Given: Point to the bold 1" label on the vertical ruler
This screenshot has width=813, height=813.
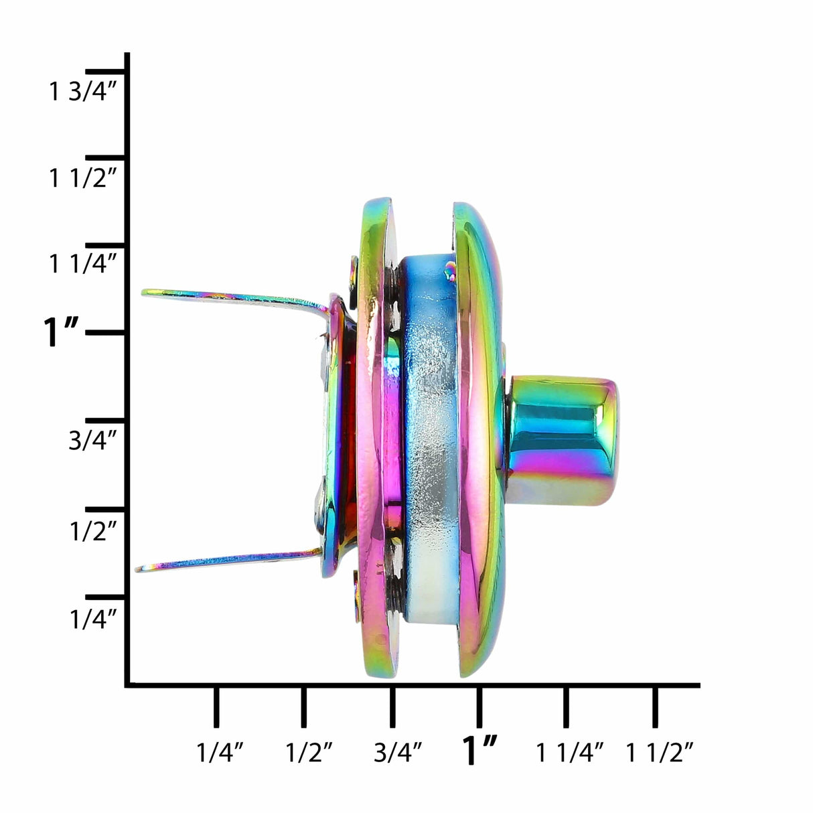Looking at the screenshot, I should [x=61, y=333].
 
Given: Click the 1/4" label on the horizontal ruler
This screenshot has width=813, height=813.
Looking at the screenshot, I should [x=219, y=753].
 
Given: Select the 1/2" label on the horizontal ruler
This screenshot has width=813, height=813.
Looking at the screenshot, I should [x=309, y=753].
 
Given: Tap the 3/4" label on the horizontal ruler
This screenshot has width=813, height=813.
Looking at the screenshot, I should [x=397, y=753].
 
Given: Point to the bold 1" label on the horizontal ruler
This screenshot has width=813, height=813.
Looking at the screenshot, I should [x=481, y=750].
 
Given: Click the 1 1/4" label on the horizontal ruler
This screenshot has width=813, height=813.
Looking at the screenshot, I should [x=570, y=753].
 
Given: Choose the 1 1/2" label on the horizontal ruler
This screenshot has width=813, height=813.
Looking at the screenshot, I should [x=659, y=753].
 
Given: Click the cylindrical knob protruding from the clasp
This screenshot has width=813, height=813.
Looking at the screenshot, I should [x=563, y=441].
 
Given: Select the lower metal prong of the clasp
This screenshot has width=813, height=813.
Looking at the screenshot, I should [x=228, y=561].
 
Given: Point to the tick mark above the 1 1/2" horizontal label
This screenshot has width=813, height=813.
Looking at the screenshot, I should [x=655, y=707].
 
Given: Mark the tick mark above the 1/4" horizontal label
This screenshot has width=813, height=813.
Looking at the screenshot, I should [x=216, y=707].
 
